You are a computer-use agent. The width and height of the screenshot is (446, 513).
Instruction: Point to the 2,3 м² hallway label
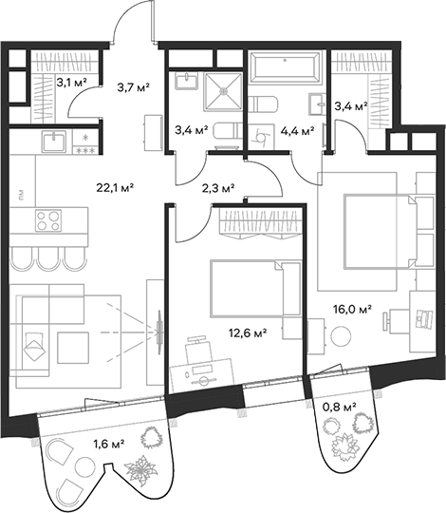click(x=218, y=189)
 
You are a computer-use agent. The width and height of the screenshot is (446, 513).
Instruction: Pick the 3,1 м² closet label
click(x=71, y=83)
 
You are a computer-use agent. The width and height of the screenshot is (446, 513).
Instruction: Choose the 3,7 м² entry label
click(x=132, y=88)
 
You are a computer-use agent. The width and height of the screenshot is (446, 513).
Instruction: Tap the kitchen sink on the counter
click(x=53, y=142)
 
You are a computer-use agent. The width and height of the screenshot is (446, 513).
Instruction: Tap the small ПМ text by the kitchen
click(x=20, y=197)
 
